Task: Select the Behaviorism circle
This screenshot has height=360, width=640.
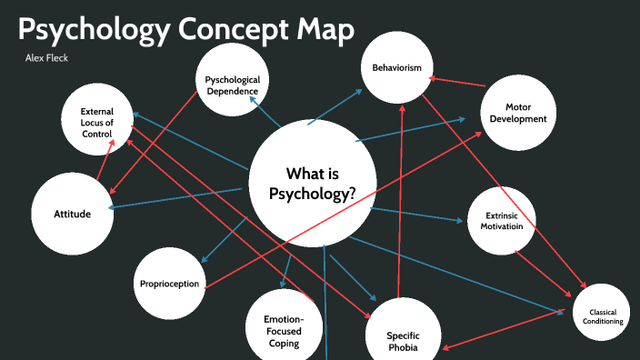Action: pyautogui.click(x=397, y=68)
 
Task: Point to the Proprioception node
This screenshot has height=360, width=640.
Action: pyautogui.click(x=169, y=284)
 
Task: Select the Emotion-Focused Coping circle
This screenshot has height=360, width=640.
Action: pyautogui.click(x=284, y=327)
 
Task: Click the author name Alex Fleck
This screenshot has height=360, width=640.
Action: pyautogui.click(x=47, y=58)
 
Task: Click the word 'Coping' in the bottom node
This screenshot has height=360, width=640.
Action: pyautogui.click(x=284, y=344)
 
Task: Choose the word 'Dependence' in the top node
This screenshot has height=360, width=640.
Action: pyautogui.click(x=232, y=91)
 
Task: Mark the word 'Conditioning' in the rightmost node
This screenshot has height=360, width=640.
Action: pyautogui.click(x=601, y=321)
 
